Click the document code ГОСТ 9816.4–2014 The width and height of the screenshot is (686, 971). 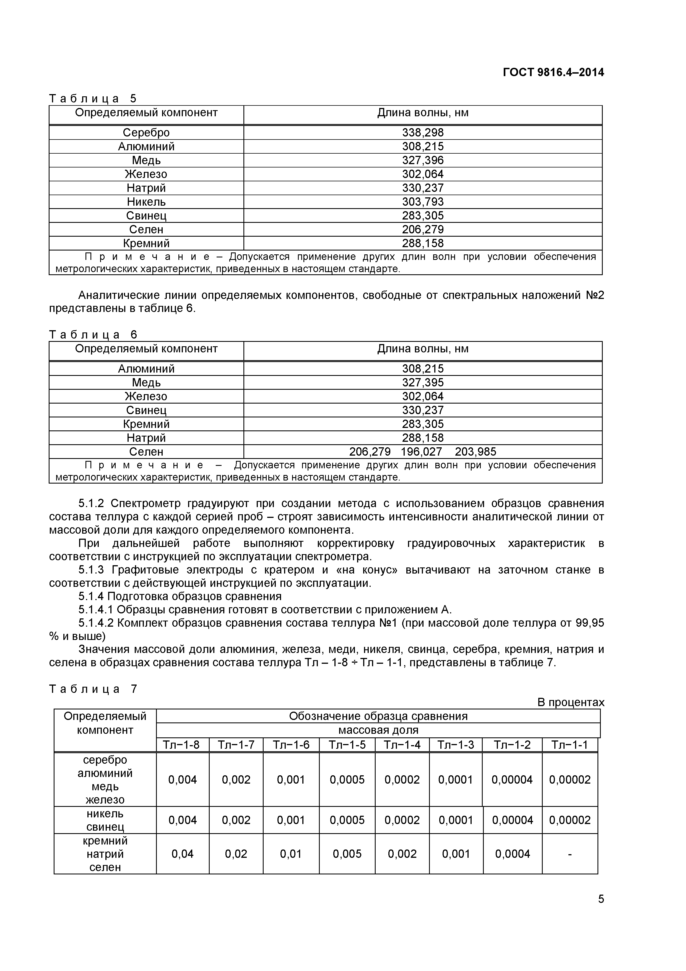coord(553,72)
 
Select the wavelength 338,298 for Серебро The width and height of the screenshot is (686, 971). coord(423,133)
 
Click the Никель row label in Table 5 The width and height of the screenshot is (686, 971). coord(146,202)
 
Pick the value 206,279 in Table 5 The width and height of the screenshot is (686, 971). coord(423,230)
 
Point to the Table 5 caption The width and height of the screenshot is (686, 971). coord(93,99)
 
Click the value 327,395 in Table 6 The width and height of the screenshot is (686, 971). coord(423,383)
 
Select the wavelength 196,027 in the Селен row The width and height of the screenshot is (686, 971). coord(421,452)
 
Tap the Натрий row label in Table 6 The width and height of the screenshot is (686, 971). coord(146,438)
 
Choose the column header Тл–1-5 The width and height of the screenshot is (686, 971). coord(347,745)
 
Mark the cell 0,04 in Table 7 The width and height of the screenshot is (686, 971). coord(183,854)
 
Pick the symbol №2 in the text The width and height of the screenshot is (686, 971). coord(595,295)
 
